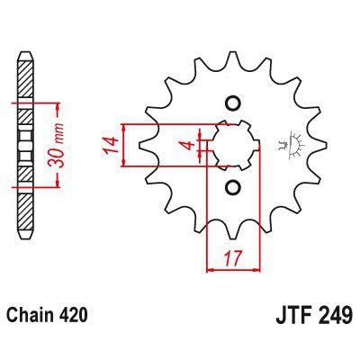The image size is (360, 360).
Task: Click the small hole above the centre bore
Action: pos(233,103)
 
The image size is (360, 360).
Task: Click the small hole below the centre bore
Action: pos(233,187)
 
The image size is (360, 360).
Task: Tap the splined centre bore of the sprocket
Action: pos(232,145)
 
